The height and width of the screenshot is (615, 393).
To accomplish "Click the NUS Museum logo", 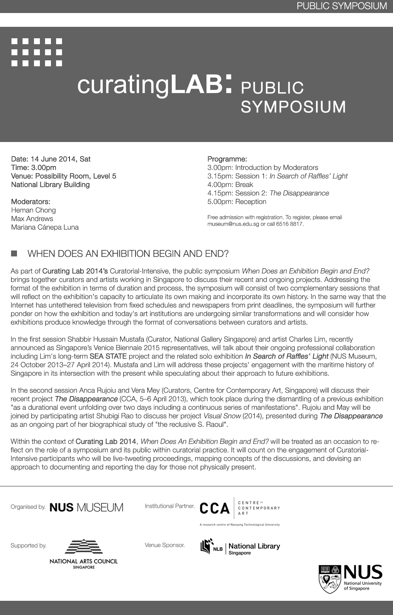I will click(x=86, y=507).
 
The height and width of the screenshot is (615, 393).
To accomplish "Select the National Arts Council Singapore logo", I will click(x=83, y=553).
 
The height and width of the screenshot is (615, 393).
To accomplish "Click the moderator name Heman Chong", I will click(x=33, y=210).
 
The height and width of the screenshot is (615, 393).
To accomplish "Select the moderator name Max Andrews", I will click(x=32, y=219).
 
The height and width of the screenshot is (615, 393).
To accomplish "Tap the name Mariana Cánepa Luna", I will click(x=45, y=227).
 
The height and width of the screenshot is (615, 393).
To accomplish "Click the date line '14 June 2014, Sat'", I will click(x=51, y=159).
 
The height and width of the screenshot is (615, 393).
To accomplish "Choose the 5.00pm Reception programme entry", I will click(x=237, y=202).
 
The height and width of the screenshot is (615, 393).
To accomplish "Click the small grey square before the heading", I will click(x=14, y=253).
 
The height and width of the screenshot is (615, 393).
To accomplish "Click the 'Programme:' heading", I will click(x=227, y=159).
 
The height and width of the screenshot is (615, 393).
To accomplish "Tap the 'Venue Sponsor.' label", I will click(x=165, y=545).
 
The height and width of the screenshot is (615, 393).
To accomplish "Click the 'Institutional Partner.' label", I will click(x=169, y=506).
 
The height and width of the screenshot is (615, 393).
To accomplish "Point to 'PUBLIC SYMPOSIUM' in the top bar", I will click(x=342, y=6).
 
